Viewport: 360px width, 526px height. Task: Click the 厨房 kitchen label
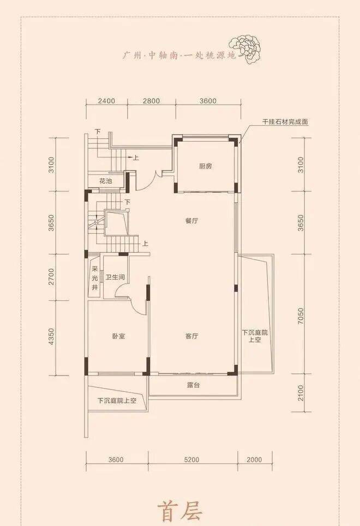coord(205,166)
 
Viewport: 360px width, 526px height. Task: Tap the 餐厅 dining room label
coord(191,221)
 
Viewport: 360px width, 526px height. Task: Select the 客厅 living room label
coord(191,336)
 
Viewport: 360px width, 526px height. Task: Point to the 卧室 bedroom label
coord(119,336)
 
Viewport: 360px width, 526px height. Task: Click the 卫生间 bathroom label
coord(115,277)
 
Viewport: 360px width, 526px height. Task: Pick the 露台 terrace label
coord(194,385)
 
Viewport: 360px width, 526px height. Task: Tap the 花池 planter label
coord(105,181)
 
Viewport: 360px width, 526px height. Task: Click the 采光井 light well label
coord(95,278)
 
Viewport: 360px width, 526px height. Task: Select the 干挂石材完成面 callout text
coord(285,122)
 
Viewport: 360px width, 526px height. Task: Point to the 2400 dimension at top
coord(107,101)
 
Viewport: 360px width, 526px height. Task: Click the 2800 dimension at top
coord(152,101)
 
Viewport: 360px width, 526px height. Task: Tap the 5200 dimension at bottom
coord(192,460)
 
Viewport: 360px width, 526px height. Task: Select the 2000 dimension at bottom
coord(254,460)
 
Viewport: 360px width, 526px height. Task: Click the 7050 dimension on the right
coord(301,316)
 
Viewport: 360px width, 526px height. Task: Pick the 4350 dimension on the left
coord(51,336)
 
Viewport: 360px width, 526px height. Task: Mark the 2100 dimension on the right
coord(301,393)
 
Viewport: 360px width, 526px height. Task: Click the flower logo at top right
coord(245,50)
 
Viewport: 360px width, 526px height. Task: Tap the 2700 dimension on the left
coord(51,277)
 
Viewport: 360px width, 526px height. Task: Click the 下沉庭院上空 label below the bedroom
coord(117,400)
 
